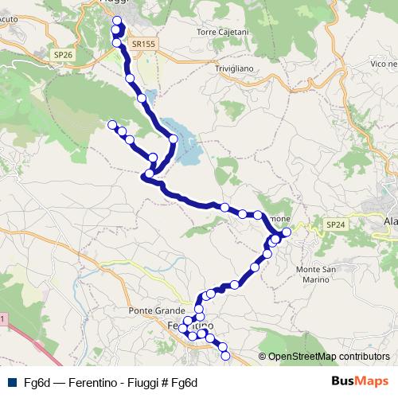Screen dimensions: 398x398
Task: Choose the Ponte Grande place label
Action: pyautogui.click(x=156, y=310)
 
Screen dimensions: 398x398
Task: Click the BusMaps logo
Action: pyautogui.click(x=361, y=381)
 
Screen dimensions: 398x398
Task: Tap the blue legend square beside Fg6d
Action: pyautogui.click(x=12, y=382)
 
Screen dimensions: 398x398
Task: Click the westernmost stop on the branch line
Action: pyautogui.click(x=112, y=124)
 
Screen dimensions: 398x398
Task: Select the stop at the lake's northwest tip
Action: pyautogui.click(x=142, y=98)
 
